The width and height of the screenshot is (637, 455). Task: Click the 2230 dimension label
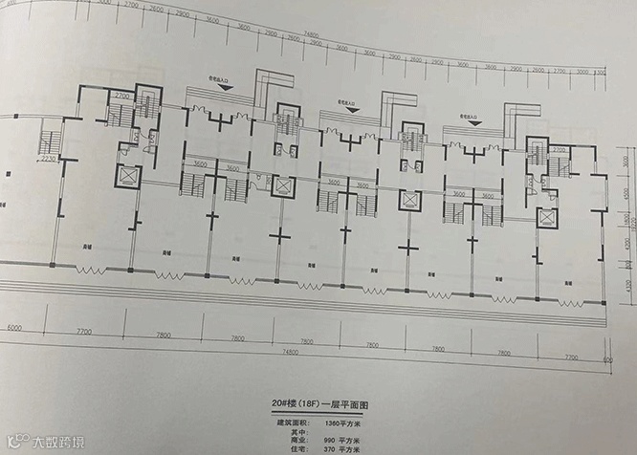pos(50,160)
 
